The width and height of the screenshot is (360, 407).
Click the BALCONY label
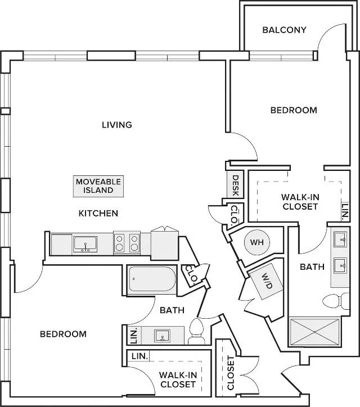[284, 30]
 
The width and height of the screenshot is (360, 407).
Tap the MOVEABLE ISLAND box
[98, 186]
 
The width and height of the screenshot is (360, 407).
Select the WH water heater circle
[257, 242]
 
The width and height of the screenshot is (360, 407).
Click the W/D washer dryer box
[266, 282]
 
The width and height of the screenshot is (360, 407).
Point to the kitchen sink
[85, 244]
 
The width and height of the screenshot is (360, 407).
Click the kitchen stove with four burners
[127, 243]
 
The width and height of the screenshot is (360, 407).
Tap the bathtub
[152, 279]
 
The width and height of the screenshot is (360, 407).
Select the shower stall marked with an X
[314, 332]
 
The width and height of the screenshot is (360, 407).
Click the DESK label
[235, 186]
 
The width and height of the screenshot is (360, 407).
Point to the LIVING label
[117, 125]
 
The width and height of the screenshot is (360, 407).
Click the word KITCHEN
[98, 214]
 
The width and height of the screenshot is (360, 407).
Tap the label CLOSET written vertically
[231, 373]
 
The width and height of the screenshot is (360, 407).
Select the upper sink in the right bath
[340, 239]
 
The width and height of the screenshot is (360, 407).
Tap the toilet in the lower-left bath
[196, 332]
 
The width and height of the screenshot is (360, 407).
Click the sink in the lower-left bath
[162, 336]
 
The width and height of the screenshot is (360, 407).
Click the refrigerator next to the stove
[165, 243]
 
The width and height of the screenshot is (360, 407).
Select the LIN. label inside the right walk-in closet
[345, 212]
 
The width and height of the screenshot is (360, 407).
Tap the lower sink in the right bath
[340, 265]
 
